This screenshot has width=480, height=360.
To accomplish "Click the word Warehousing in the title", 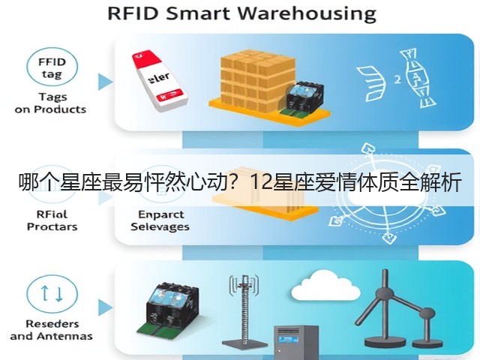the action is point(307,14).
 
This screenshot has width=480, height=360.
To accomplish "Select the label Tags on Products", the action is point(50,103).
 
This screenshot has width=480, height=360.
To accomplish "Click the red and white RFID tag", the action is point(159,81).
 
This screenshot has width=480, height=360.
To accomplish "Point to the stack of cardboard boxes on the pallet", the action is point(258,81).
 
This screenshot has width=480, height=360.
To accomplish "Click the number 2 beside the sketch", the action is point(397,79).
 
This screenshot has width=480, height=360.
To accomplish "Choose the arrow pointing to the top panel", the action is point(105,82).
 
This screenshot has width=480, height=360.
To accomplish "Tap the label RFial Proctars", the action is point(52,220).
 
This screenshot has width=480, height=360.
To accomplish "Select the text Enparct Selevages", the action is point(160,220).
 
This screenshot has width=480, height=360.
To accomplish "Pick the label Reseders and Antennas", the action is point(52,330).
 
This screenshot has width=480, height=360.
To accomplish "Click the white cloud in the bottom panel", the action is point(325,286).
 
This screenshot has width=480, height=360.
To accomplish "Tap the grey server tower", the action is point(296,342).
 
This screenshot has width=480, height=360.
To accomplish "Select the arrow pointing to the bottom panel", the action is point(105,307).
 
